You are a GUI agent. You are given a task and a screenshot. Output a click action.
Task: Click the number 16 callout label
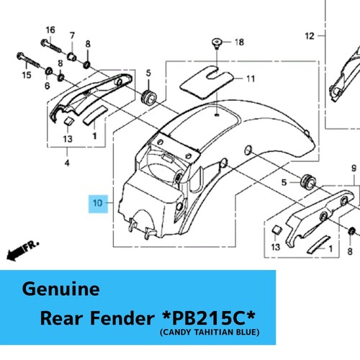point(50,30)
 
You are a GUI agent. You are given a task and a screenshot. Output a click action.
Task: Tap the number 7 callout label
point(72,36)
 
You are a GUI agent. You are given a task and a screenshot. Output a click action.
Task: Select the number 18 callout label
point(239,42)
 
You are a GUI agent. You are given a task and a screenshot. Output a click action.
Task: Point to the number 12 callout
point(310,36)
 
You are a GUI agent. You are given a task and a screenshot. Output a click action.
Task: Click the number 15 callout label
point(27,75)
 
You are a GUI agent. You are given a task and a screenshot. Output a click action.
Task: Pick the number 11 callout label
point(251,78)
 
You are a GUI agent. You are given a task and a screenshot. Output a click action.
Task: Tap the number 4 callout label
point(67,163)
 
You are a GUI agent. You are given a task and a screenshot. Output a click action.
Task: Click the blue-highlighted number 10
point(98,204)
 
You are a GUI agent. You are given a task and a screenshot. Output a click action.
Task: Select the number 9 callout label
point(354,168)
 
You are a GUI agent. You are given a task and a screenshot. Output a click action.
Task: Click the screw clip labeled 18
point(217,43)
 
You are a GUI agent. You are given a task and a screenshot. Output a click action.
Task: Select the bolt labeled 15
point(28,60)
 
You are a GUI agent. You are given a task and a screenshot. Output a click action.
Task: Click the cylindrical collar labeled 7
point(72,57)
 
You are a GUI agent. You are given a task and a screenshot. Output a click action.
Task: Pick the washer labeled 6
point(49,71)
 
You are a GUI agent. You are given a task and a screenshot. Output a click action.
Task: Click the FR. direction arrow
point(22,251)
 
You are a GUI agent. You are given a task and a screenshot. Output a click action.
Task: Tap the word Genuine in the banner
point(60,289)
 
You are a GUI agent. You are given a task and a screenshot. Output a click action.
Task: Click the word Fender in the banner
point(122,318)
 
